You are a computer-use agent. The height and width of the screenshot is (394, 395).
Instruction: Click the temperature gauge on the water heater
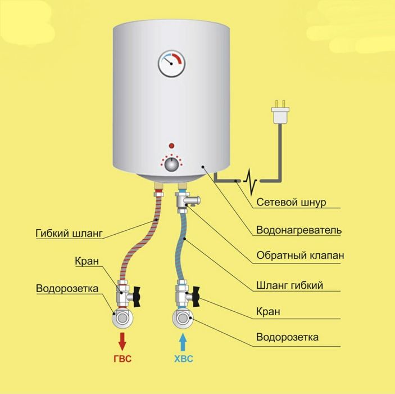pos(171,64)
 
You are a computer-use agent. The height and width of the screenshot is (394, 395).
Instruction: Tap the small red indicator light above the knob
pos(171,146)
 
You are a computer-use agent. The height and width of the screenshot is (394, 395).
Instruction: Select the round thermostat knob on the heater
pos(171,164)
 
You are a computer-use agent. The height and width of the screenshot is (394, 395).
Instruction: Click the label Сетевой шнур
pos(291,202)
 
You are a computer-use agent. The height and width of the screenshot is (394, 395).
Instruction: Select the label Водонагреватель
pos(299,230)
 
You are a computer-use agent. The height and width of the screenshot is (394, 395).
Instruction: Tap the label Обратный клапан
pos(300,255)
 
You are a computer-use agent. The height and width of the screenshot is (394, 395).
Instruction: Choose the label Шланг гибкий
pos(289,285)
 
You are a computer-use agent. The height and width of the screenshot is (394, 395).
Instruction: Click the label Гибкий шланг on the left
pos(69,233)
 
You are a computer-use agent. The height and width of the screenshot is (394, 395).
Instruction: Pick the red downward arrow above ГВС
pos(122,341)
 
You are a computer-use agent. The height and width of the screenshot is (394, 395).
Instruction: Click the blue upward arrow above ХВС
pos(183,342)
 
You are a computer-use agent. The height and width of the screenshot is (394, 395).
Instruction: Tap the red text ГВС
pos(122,359)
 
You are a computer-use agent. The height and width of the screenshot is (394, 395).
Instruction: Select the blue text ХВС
pos(184,359)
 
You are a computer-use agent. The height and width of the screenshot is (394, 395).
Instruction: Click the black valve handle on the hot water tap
pos(137,297)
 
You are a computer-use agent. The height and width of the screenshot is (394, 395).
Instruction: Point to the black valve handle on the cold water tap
pos(196,297)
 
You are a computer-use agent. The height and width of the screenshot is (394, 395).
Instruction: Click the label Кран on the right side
pos(268,311)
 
